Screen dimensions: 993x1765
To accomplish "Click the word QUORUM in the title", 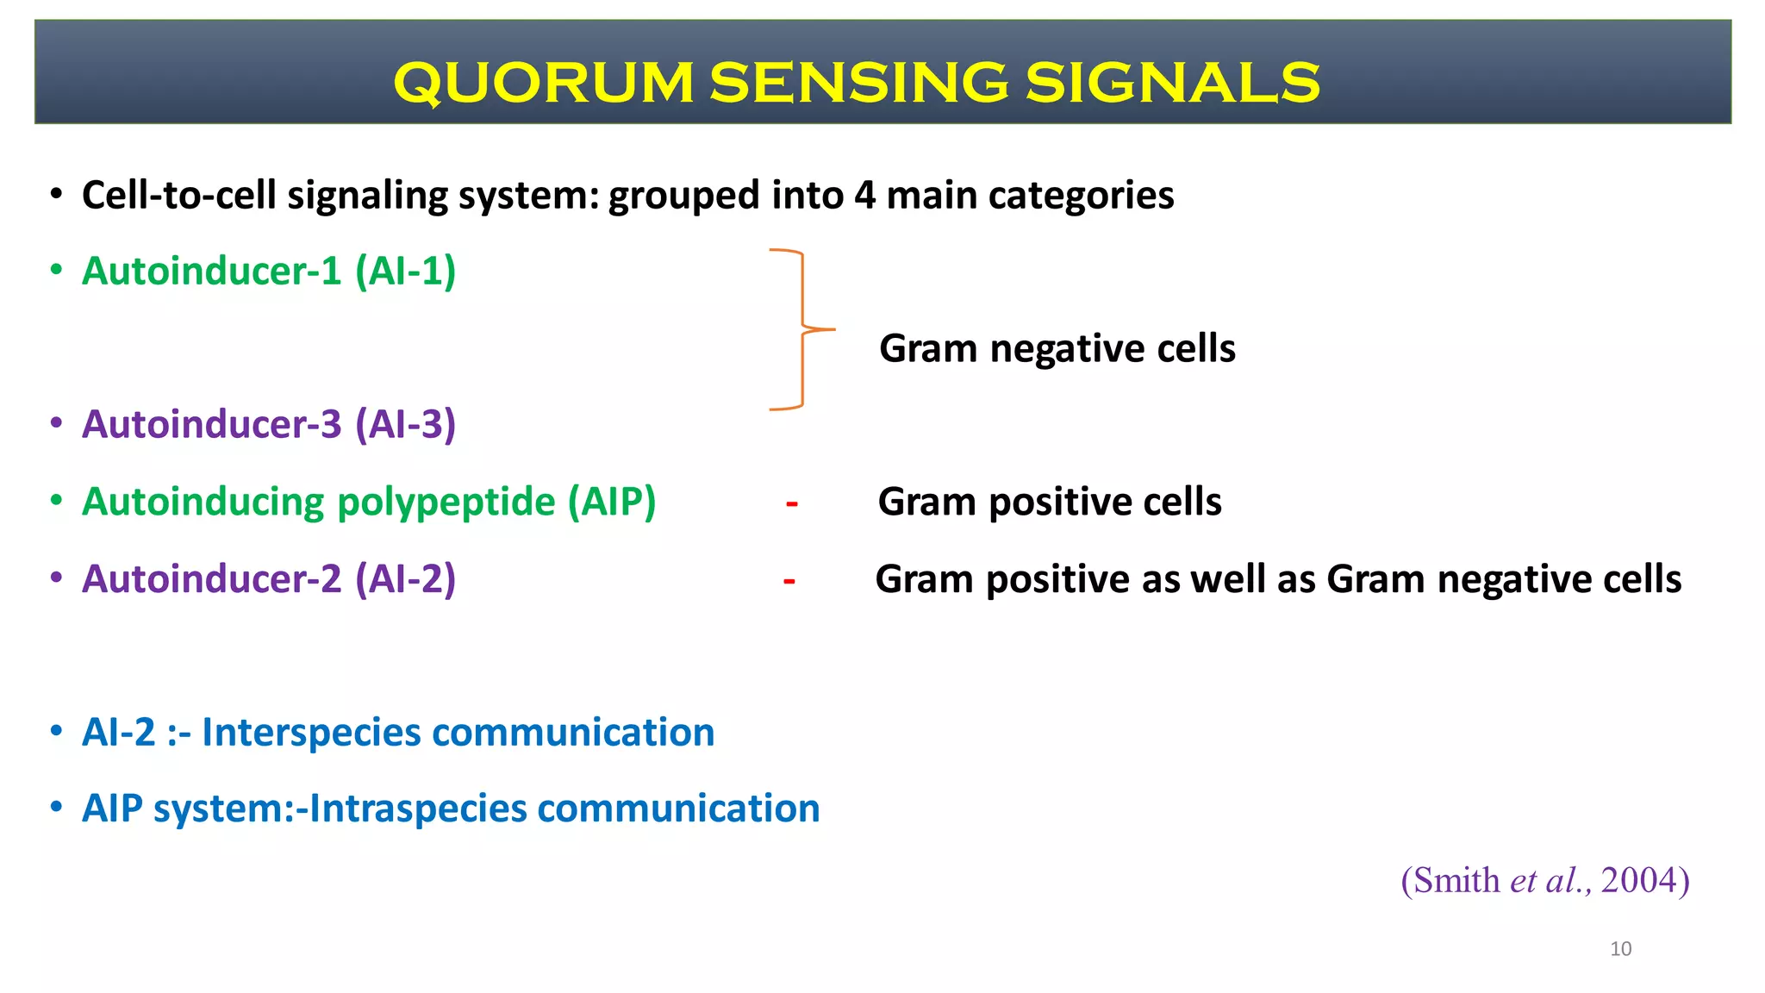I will pyautogui.click(x=543, y=83).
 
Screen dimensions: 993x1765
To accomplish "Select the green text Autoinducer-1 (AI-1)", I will pyautogui.click(x=268, y=272).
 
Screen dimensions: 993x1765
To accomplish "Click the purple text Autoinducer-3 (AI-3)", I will pyautogui.click(x=268, y=425).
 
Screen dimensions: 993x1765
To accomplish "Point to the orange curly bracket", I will pyautogui.click(x=801, y=329).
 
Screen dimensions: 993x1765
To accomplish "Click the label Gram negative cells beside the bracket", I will pyautogui.click(x=1057, y=349).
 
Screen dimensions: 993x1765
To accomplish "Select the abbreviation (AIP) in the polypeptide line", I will pyautogui.click(x=612, y=502).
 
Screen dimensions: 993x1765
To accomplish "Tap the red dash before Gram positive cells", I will pyautogui.click(x=791, y=503).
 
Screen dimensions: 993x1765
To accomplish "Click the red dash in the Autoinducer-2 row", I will pyautogui.click(x=789, y=581).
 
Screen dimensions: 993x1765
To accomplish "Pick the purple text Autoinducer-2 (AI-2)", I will pyautogui.click(x=268, y=579).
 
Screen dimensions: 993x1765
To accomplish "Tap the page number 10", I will pyautogui.click(x=1620, y=949).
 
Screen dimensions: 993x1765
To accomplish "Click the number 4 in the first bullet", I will pyautogui.click(x=864, y=196).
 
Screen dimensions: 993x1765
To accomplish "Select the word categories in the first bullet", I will pyautogui.click(x=1081, y=196).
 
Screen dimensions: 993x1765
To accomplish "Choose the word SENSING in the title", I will pyautogui.click(x=858, y=83).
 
